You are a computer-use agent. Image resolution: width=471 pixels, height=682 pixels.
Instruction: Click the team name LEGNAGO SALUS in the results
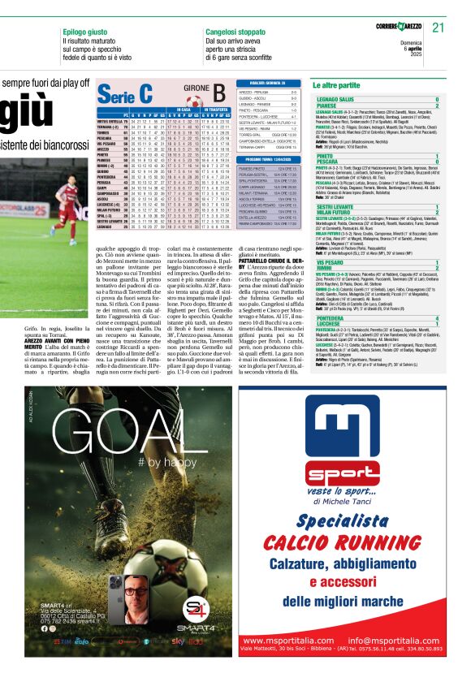(339, 99)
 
